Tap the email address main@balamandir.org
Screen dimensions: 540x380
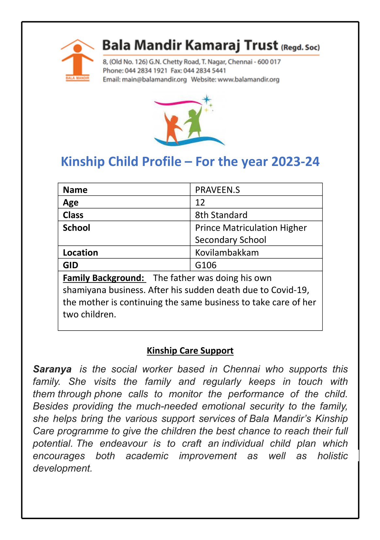[x=154, y=79]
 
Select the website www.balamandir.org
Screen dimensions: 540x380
[x=248, y=79]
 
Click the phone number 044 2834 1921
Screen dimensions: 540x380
[x=146, y=71]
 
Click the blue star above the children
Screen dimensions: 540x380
[x=207, y=99]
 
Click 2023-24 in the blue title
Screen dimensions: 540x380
[x=295, y=162]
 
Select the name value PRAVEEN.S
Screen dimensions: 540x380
[x=217, y=190]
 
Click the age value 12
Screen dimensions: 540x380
[x=200, y=203]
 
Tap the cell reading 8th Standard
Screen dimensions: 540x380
[x=221, y=215]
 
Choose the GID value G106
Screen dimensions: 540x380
[x=206, y=265]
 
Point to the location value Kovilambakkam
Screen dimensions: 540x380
[x=227, y=253]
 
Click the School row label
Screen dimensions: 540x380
[x=76, y=228]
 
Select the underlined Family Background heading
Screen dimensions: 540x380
[x=103, y=278]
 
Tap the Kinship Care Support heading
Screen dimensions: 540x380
[x=190, y=351]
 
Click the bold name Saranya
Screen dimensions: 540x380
[x=52, y=369]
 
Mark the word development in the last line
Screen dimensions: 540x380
[x=62, y=468]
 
